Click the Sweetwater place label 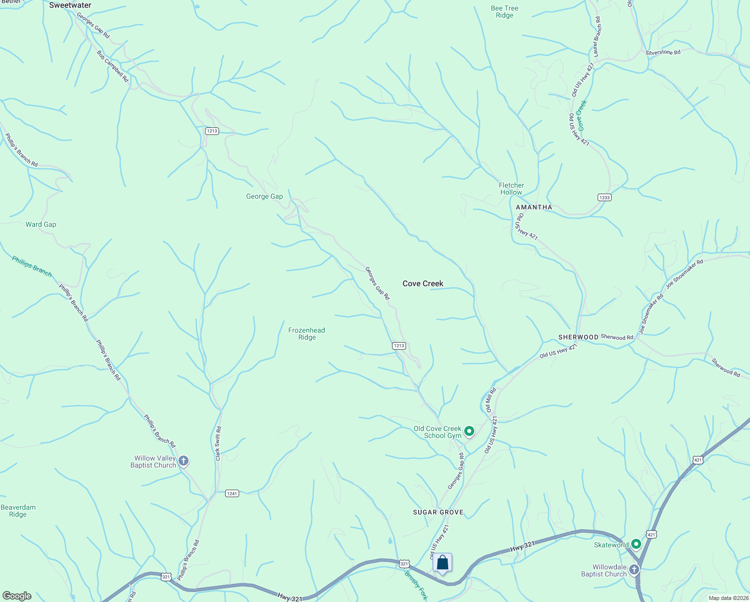[x=70, y=6]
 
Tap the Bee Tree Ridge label [x=504, y=12]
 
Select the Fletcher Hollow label [x=511, y=189]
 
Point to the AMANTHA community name [x=534, y=207]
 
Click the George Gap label [x=264, y=197]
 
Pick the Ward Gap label [x=41, y=224]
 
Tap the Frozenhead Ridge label [x=306, y=334]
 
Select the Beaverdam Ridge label [x=18, y=511]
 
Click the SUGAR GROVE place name [x=438, y=512]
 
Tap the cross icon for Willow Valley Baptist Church [x=183, y=461]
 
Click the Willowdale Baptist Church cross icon [x=634, y=569]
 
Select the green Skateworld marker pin [x=636, y=544]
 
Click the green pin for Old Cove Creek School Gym [x=469, y=431]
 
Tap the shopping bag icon [x=442, y=562]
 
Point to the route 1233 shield [x=605, y=197]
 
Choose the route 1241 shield [x=232, y=494]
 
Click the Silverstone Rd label [x=663, y=52]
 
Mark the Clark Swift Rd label [x=218, y=443]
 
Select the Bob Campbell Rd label [x=113, y=66]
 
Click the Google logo [x=17, y=596]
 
